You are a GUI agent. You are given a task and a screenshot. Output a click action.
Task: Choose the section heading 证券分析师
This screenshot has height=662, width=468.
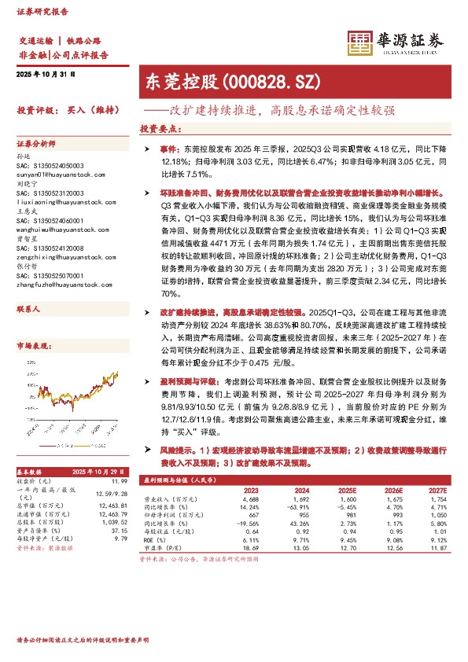(36, 145)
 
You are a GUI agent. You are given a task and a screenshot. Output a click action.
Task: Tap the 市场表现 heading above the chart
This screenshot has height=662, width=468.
(34, 345)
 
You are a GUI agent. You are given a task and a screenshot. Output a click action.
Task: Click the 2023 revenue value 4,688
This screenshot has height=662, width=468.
(250, 499)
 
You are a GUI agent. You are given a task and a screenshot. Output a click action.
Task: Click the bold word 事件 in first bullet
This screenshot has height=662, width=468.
(170, 148)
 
